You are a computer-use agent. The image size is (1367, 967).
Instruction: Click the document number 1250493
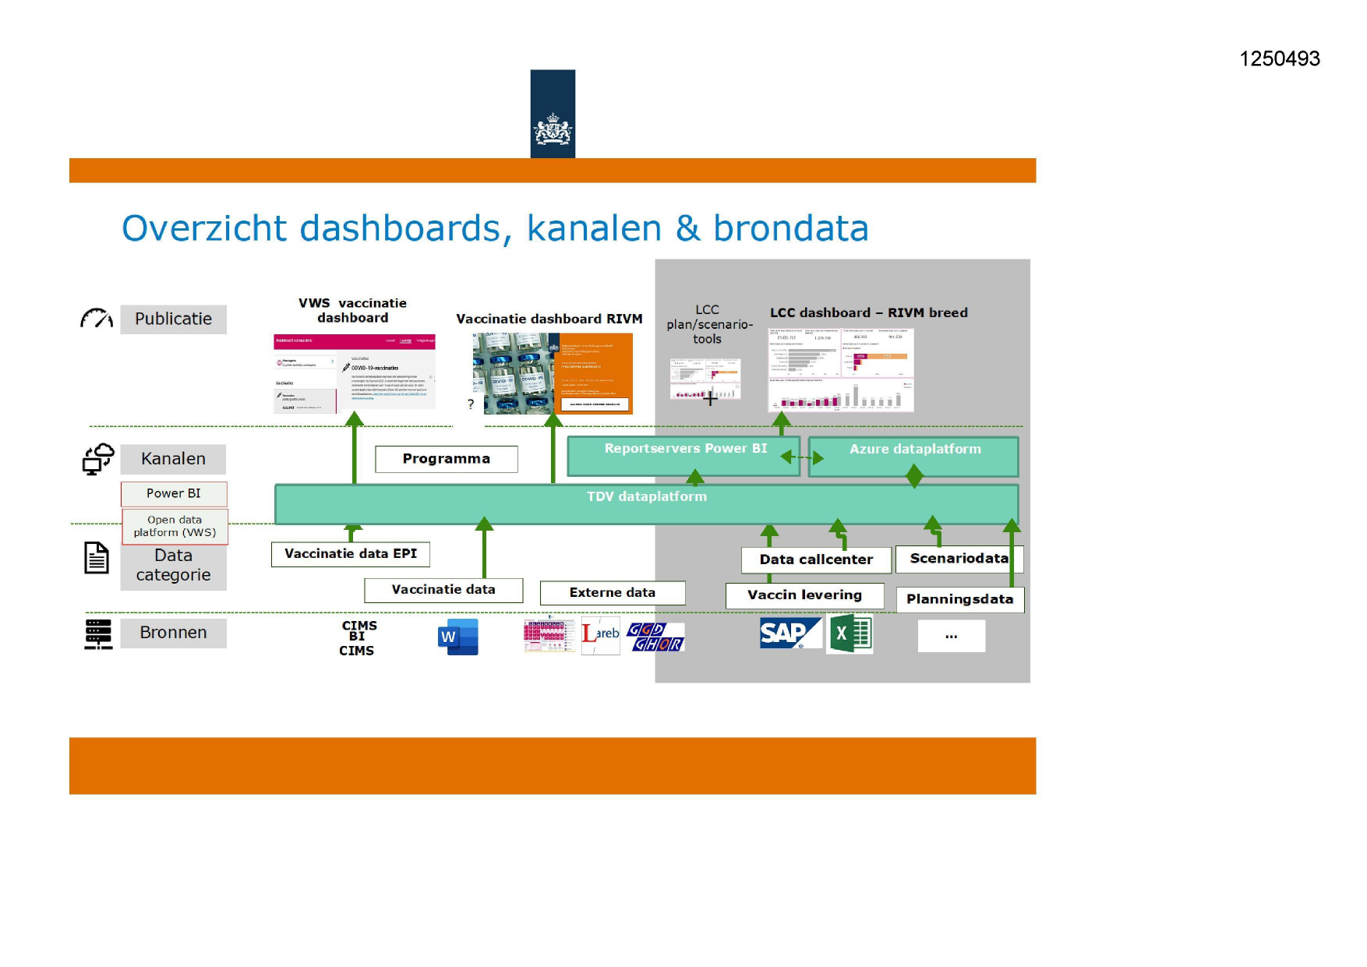(x=1279, y=58)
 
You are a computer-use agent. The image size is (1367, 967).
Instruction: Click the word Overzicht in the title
(x=204, y=228)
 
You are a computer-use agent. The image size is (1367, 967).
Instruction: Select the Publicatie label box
(x=173, y=319)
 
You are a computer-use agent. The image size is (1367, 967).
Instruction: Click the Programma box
(x=446, y=459)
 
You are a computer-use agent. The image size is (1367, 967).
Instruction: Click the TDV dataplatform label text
(x=646, y=496)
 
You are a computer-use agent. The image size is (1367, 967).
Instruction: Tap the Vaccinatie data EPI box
(x=350, y=554)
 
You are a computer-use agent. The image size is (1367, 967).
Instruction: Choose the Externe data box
(x=612, y=593)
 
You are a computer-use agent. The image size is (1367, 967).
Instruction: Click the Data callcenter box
(x=815, y=559)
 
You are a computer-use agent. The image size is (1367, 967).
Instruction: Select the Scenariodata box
(x=959, y=559)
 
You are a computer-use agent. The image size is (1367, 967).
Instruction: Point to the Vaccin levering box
(x=804, y=595)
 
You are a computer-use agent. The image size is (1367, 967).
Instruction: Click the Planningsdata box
(x=959, y=599)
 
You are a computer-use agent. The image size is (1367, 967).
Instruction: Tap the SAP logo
(x=789, y=633)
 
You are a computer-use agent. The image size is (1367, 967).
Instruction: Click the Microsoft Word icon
(x=457, y=637)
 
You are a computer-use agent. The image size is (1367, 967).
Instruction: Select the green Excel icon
(x=850, y=633)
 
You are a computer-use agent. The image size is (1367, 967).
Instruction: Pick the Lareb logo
(x=600, y=635)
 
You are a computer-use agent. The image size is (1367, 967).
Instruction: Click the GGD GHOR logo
(x=655, y=637)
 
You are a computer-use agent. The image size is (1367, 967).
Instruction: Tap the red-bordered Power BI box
(x=174, y=493)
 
